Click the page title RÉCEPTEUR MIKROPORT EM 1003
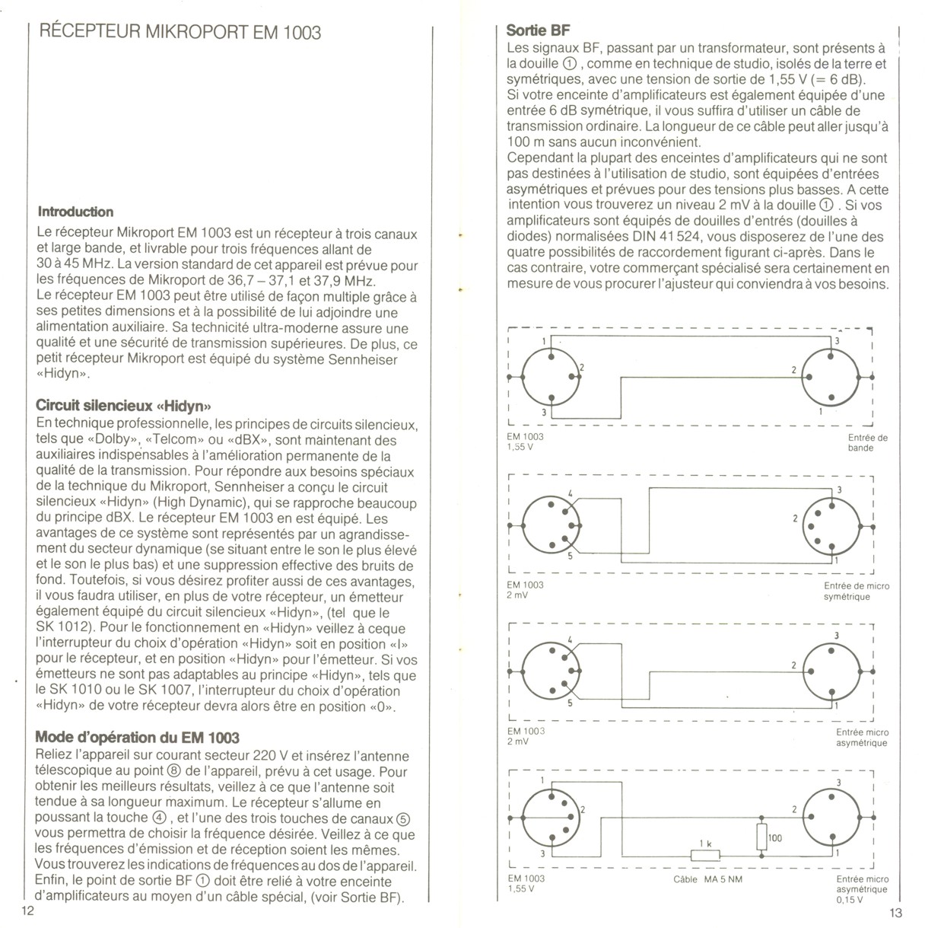[x=179, y=32]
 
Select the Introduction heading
[x=75, y=212]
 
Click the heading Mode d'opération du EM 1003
[x=138, y=737]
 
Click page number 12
[x=29, y=912]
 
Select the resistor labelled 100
[x=762, y=837]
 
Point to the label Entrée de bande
[x=867, y=443]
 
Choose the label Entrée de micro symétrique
[x=856, y=592]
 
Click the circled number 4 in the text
[x=159, y=818]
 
